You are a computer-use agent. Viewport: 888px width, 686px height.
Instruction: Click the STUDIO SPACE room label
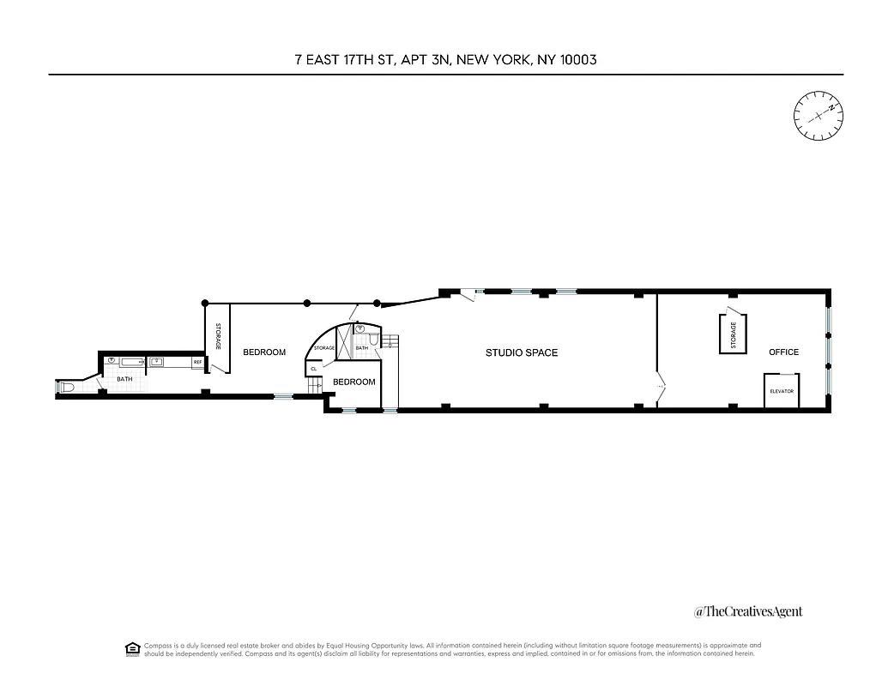[x=522, y=352]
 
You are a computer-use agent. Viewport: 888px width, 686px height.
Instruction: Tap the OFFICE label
[x=783, y=352]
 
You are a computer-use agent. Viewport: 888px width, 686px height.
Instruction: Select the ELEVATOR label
[x=782, y=391]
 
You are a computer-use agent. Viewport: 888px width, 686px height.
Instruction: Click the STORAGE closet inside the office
[x=733, y=334]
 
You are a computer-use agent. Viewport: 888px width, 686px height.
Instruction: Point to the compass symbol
[x=818, y=115]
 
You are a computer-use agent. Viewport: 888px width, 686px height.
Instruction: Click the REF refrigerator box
[x=197, y=362]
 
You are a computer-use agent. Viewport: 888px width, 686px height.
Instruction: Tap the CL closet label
[x=314, y=369]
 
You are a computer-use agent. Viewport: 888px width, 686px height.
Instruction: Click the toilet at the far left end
[x=69, y=388]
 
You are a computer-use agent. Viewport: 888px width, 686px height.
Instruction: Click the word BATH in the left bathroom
[x=125, y=379]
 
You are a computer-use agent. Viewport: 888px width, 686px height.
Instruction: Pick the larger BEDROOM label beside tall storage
[x=264, y=352]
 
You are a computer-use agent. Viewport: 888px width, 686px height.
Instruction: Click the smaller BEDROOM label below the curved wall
[x=354, y=382]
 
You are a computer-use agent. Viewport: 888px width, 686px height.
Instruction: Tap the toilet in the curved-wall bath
[x=361, y=328]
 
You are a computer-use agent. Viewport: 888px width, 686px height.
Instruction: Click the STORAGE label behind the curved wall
[x=324, y=348]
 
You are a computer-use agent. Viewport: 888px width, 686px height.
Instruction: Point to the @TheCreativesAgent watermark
[x=748, y=611]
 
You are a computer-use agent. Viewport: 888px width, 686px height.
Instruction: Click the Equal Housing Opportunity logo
[x=132, y=648]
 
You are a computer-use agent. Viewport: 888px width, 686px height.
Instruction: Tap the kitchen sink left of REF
[x=157, y=362]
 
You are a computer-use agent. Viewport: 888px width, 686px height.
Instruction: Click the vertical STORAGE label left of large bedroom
[x=218, y=335]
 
